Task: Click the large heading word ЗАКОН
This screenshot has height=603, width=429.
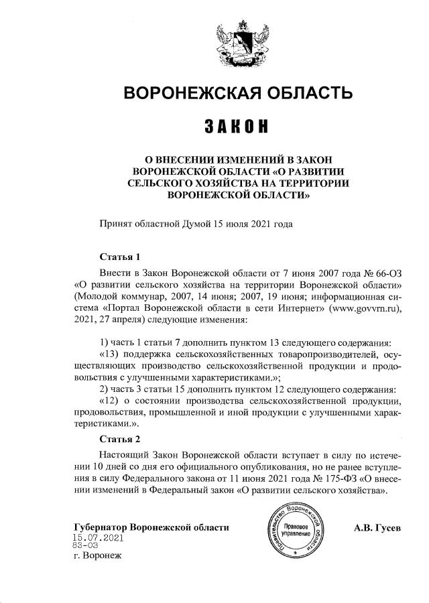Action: [x=239, y=126]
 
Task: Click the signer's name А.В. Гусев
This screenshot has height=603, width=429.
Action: [x=377, y=527]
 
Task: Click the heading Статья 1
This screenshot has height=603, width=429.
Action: [x=119, y=257]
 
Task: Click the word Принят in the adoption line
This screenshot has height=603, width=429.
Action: [x=115, y=223]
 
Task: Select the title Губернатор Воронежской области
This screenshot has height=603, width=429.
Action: [x=151, y=527]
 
